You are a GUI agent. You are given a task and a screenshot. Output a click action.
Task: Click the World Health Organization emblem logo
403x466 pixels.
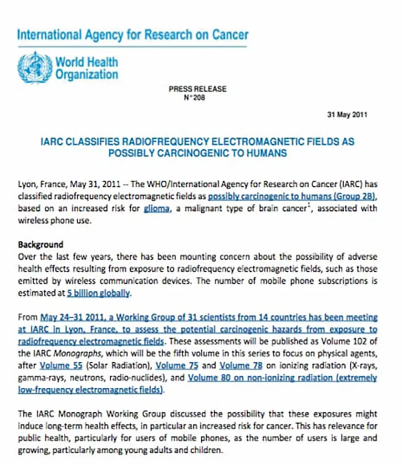35,67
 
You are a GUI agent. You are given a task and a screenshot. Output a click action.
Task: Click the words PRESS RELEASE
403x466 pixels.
197,89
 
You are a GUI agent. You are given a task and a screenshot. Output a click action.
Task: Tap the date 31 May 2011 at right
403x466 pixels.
347,114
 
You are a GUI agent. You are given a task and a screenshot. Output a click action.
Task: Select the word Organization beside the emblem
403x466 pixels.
87,74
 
